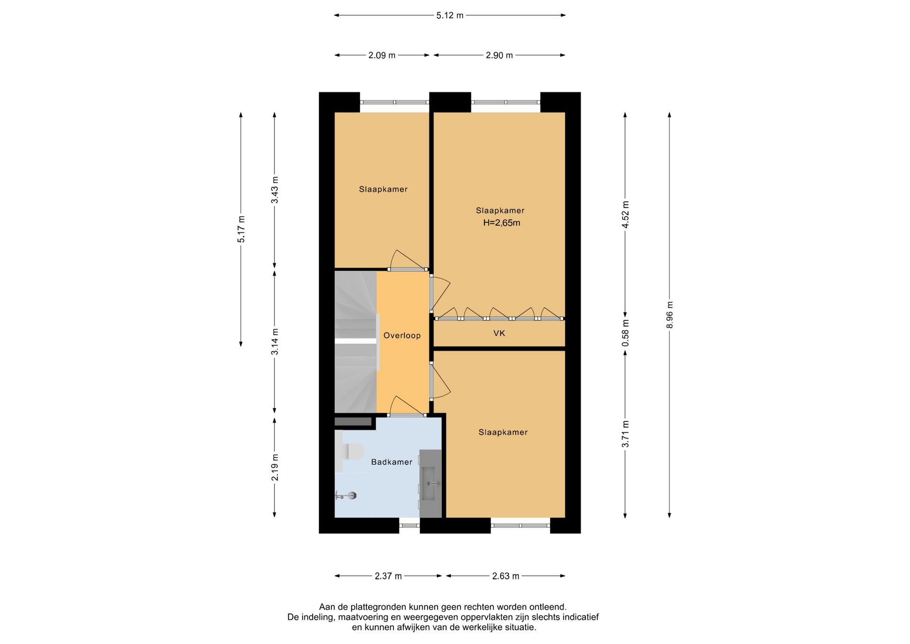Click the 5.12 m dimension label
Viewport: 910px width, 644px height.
pyautogui.click(x=450, y=15)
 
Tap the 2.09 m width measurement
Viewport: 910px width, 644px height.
pyautogui.click(x=382, y=55)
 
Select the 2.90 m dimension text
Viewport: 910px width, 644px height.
pyautogui.click(x=499, y=55)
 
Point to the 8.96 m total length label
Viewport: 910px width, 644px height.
pyautogui.click(x=670, y=315)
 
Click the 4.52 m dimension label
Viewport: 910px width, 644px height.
pyautogui.click(x=626, y=214)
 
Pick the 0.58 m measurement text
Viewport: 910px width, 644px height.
pyautogui.click(x=626, y=333)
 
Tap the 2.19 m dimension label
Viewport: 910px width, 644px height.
pyautogui.click(x=275, y=467)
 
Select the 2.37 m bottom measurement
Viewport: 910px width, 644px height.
pyautogui.click(x=388, y=576)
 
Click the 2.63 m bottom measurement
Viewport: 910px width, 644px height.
pyautogui.click(x=506, y=576)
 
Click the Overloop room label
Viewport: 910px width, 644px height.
pyautogui.click(x=402, y=336)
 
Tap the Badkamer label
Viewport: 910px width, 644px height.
pyautogui.click(x=391, y=462)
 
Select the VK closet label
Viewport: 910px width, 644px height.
pyautogui.click(x=499, y=333)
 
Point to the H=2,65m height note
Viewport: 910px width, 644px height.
pyautogui.click(x=501, y=223)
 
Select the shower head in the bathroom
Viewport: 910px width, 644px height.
pyautogui.click(x=351, y=496)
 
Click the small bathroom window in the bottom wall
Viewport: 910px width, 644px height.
pyautogui.click(x=409, y=525)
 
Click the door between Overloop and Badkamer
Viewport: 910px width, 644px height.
pyautogui.click(x=407, y=415)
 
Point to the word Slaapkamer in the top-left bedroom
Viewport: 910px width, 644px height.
pyautogui.click(x=383, y=189)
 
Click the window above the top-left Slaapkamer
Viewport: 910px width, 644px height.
pyautogui.click(x=395, y=102)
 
